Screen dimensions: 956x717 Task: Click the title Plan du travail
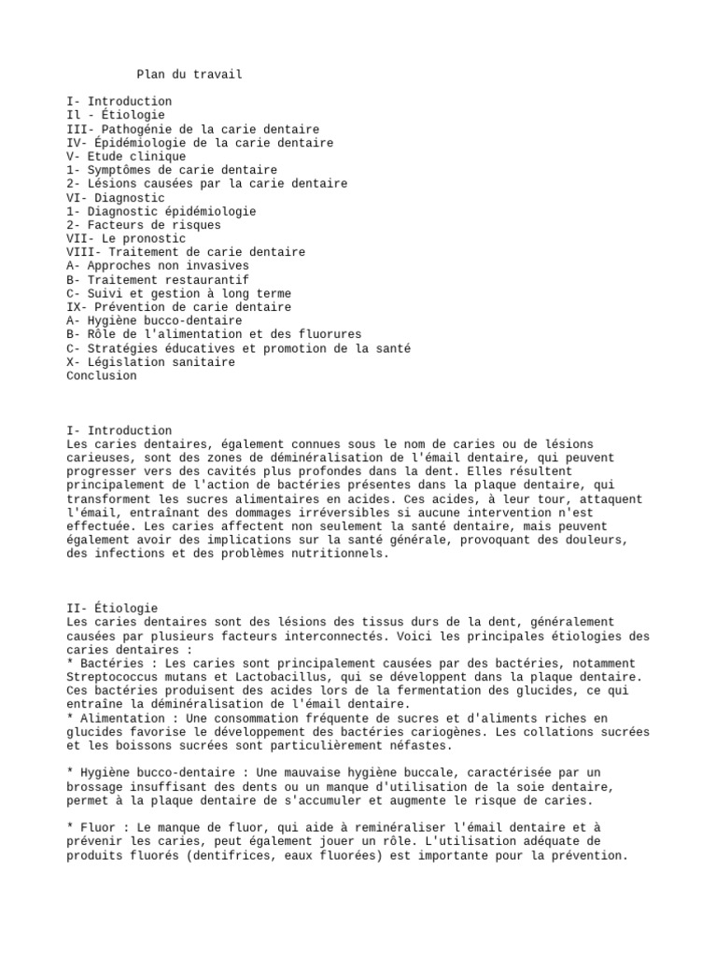pyautogui.click(x=190, y=75)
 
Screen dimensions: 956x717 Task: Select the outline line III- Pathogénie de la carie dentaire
pyautogui.click(x=193, y=129)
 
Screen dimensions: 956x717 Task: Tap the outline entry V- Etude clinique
pyautogui.click(x=126, y=157)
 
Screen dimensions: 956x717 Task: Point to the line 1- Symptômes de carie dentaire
pyautogui.click(x=172, y=170)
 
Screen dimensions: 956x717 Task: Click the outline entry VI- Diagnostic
pyautogui.click(x=116, y=198)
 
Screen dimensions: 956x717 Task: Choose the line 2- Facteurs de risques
pyautogui.click(x=144, y=225)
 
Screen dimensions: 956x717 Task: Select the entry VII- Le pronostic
pyautogui.click(x=126, y=239)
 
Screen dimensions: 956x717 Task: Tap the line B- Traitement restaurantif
pyautogui.click(x=158, y=280)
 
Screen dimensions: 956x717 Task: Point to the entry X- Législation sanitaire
pyautogui.click(x=151, y=362)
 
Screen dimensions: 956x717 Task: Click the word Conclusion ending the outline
pyautogui.click(x=102, y=376)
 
